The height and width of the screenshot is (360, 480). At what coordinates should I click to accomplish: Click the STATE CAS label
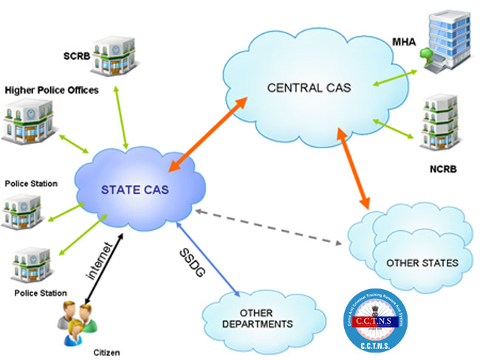(x=135, y=190)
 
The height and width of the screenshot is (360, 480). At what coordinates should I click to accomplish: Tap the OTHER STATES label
(x=422, y=263)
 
